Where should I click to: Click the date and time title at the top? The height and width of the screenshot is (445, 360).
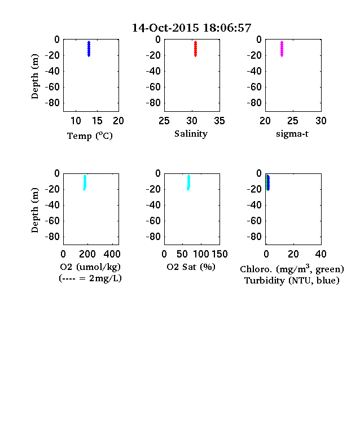(x=192, y=28)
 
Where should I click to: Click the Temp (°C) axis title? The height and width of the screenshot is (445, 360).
(x=90, y=136)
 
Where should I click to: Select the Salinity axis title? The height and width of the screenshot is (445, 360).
(x=191, y=134)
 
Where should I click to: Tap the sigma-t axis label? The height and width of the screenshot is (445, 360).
(x=292, y=134)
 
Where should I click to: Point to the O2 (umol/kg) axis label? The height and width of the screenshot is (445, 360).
(x=90, y=267)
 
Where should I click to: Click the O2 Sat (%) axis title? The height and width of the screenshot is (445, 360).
(x=191, y=267)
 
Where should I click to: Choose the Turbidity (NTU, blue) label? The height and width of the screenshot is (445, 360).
(x=292, y=281)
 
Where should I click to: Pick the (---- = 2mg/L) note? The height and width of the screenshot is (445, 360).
(x=90, y=278)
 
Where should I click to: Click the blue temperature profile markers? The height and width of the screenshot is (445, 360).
(x=89, y=49)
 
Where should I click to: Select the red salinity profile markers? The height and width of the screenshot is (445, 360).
(x=195, y=49)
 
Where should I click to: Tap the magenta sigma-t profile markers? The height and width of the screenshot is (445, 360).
(x=282, y=49)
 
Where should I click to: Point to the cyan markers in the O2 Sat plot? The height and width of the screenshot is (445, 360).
(x=188, y=183)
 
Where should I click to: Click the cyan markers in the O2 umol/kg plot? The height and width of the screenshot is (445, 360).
(x=85, y=183)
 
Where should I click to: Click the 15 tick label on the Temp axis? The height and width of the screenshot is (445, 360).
(x=97, y=121)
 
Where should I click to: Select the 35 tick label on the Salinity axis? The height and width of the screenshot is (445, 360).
(x=219, y=121)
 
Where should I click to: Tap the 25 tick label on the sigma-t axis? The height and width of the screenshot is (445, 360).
(x=293, y=121)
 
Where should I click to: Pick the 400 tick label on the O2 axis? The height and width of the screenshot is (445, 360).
(x=112, y=254)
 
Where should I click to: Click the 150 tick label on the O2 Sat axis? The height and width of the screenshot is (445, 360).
(x=219, y=254)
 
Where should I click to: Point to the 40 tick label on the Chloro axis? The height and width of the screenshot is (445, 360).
(x=321, y=254)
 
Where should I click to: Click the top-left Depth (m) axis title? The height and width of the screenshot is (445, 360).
(x=34, y=76)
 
